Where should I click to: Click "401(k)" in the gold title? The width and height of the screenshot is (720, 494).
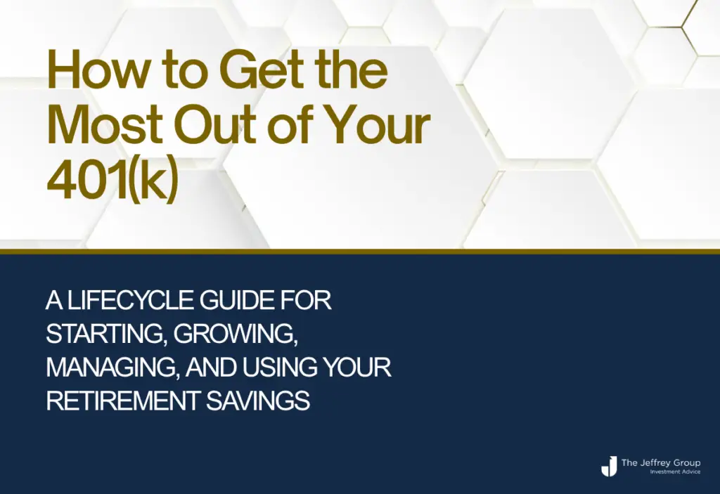tap(112, 181)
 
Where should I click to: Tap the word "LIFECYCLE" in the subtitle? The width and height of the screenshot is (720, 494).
tap(130, 301)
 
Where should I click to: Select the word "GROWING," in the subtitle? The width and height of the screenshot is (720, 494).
tap(236, 334)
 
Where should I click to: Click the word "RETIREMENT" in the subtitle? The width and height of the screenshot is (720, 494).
tap(123, 401)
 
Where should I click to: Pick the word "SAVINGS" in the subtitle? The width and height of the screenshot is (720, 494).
tap(257, 401)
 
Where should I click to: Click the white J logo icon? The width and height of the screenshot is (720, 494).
tap(609, 466)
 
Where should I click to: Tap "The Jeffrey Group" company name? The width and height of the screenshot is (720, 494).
tap(661, 463)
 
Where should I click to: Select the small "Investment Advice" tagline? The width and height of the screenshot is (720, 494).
tap(675, 472)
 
